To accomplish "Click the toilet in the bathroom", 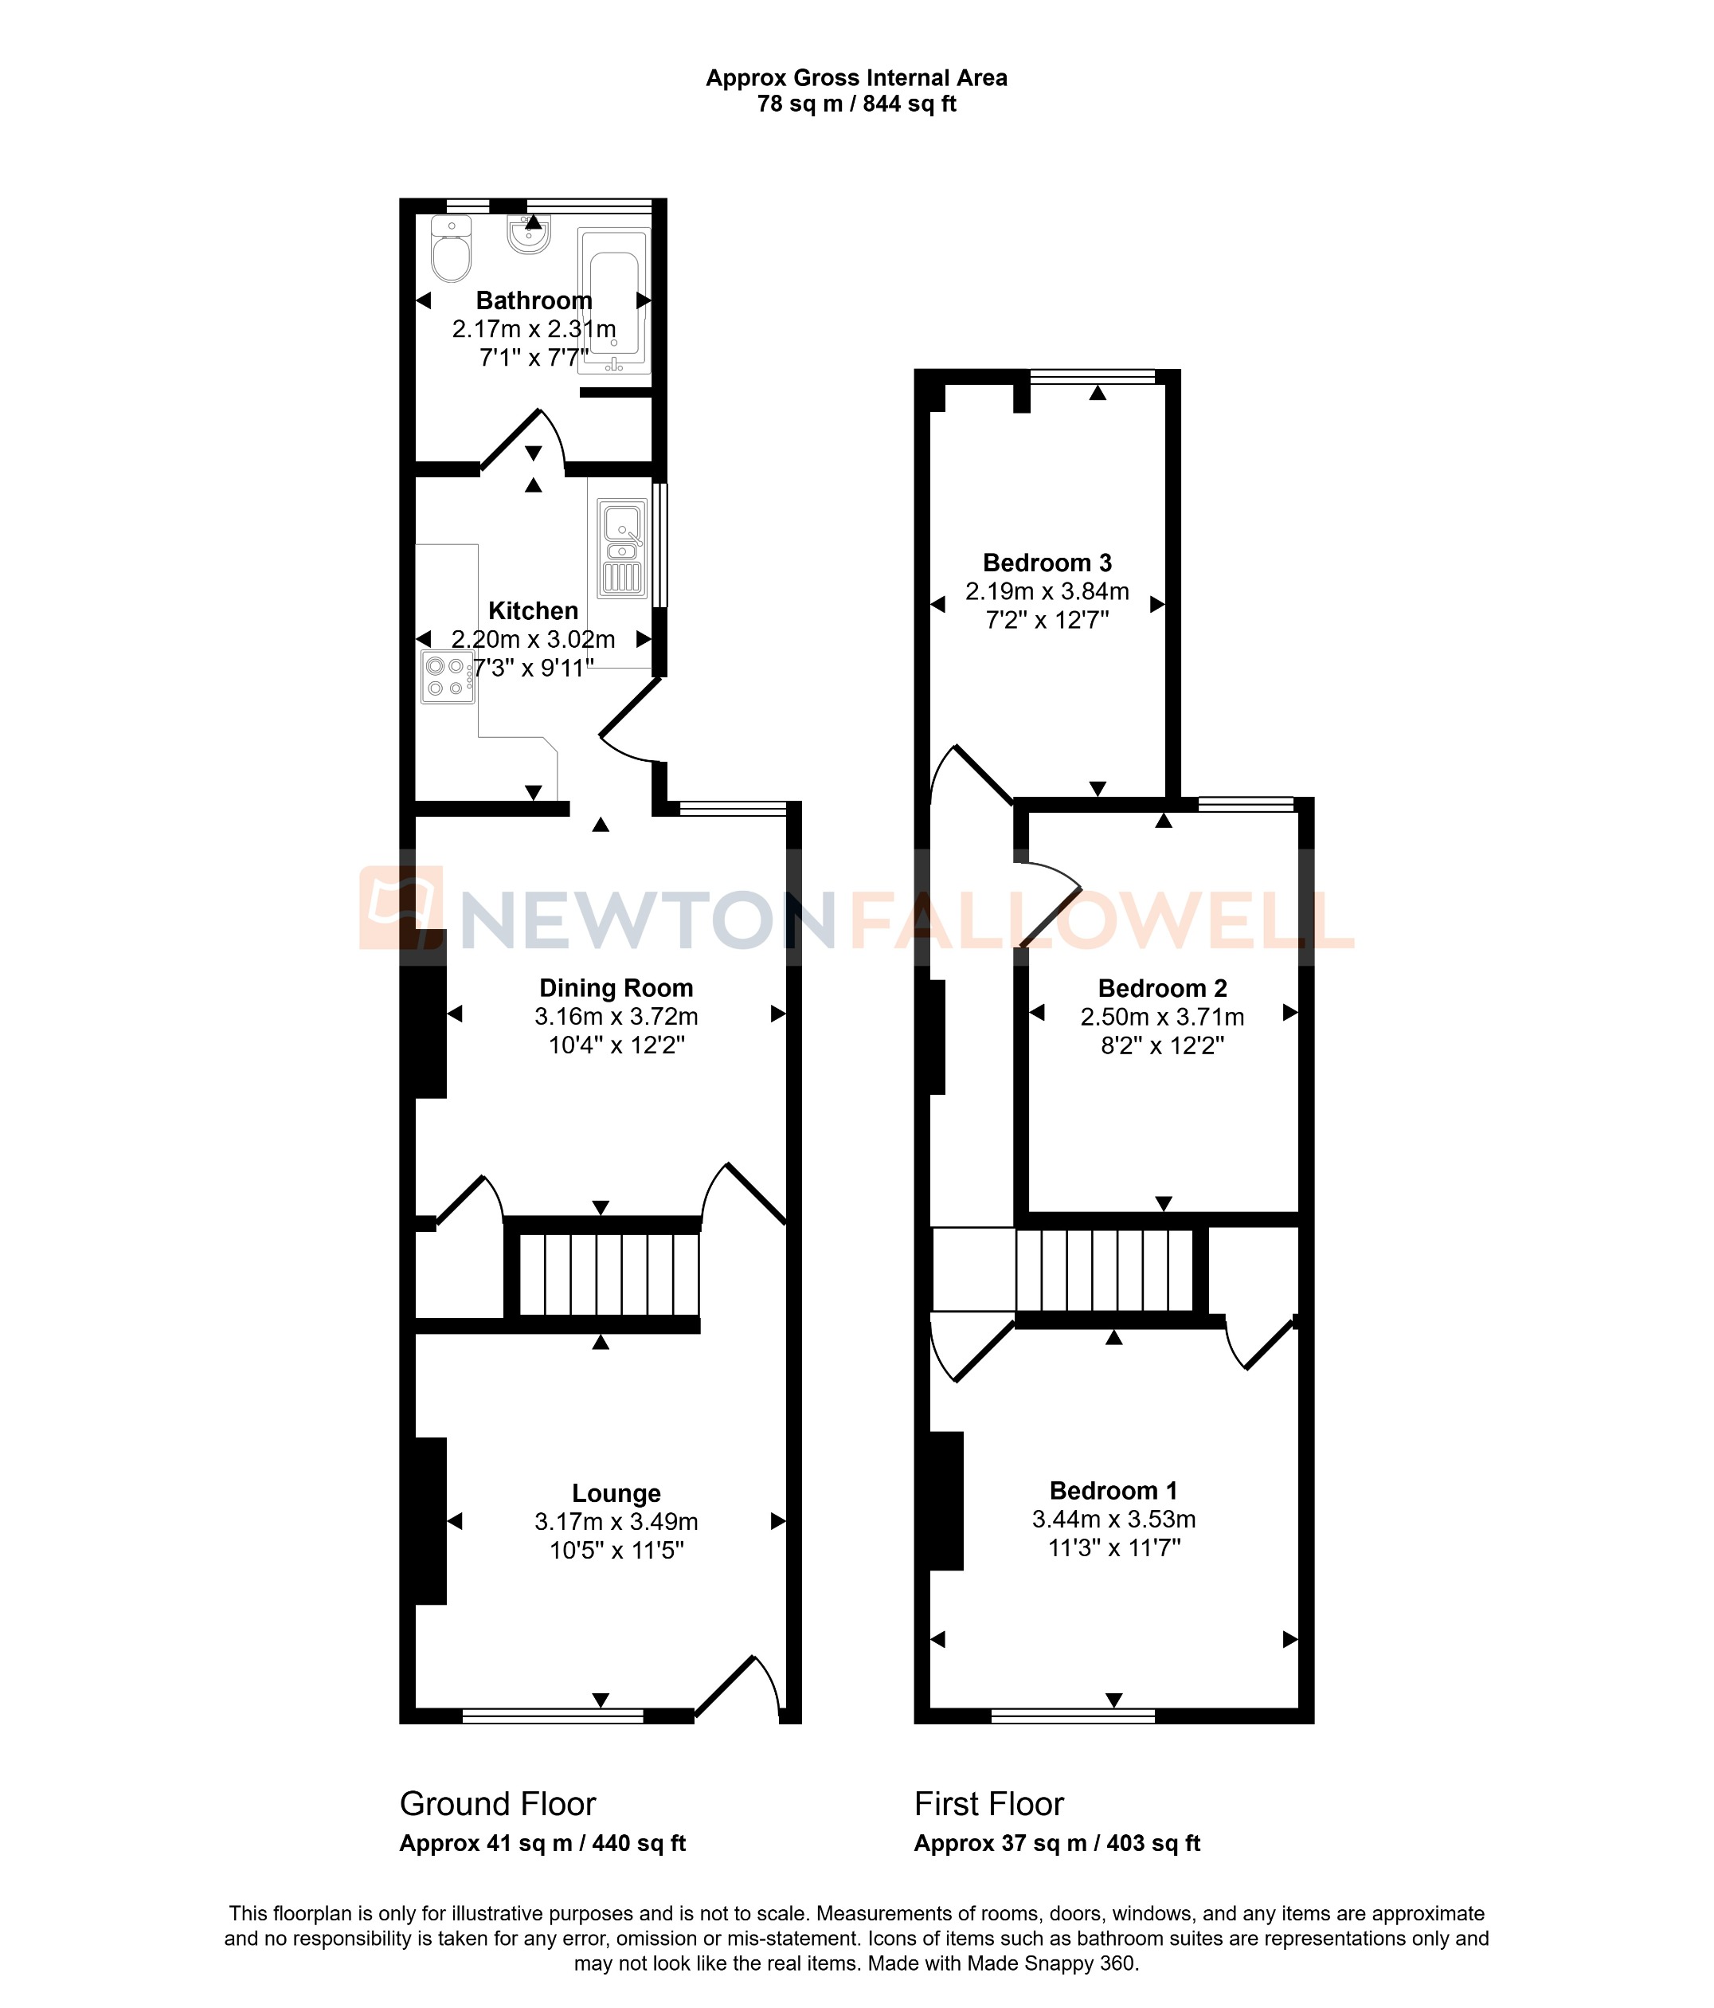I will [451, 250].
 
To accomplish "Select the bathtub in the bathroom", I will [614, 300].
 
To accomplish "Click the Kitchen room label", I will [533, 610].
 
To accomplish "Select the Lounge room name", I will [616, 1493].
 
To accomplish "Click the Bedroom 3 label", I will [1047, 562].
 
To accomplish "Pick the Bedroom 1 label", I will [1113, 1491].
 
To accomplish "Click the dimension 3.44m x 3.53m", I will [1113, 1519].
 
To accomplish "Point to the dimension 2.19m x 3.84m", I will [1047, 591].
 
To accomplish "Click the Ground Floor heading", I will [497, 1803].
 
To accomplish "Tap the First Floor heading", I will [988, 1803].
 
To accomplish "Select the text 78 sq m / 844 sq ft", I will [856, 104].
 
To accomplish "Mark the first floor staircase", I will [1104, 1269].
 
